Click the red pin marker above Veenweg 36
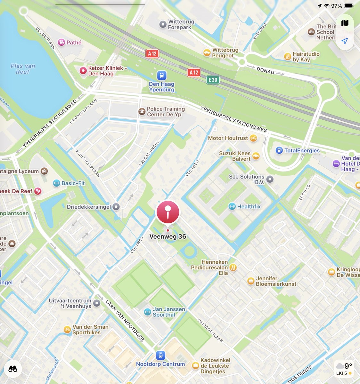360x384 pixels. pos(168,212)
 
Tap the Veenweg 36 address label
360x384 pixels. pos(168,237)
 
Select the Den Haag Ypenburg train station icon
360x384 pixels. pos(162,76)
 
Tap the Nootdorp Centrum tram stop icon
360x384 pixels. pos(160,355)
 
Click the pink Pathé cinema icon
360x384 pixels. pos(61,42)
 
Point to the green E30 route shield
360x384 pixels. pos(213,80)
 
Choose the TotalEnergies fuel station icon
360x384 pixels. pos(279,150)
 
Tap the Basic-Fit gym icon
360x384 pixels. pos(56,183)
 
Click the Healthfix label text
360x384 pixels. pos(249,207)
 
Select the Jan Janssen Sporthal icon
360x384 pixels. pos(147,312)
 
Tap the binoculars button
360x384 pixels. pos(13,369)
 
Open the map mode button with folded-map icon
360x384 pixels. pos(345,23)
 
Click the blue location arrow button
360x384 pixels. pos(345,41)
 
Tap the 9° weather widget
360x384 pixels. pos(344,368)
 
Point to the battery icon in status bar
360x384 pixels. pos(349,6)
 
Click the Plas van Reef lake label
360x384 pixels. pos(23,69)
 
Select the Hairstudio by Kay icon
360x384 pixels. pos(288,57)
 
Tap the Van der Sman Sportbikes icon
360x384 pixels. pos(67,329)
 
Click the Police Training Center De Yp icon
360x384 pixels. pos(142,111)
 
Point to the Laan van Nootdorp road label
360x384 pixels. pos(125,320)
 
